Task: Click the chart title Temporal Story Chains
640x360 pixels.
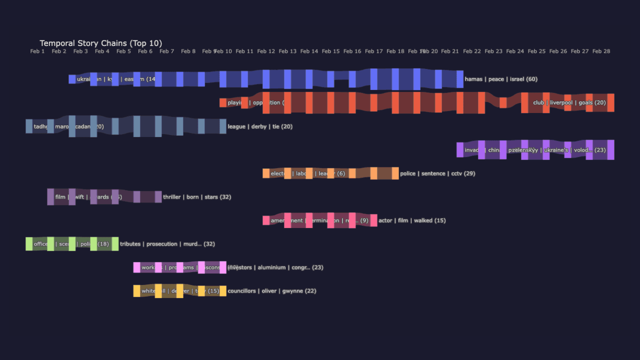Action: click(x=100, y=43)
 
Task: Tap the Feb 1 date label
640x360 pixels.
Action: click(x=37, y=51)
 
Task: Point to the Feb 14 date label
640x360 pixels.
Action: click(x=309, y=51)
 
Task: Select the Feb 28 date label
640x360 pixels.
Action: click(x=601, y=51)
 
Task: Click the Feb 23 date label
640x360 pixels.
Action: click(x=493, y=51)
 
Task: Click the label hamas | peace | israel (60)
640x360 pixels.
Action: click(x=501, y=79)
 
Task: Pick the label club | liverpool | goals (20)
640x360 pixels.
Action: click(x=569, y=103)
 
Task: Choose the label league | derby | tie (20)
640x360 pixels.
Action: click(x=260, y=126)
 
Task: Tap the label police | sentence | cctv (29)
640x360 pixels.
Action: click(x=437, y=173)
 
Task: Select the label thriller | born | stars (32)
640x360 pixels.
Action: click(x=197, y=197)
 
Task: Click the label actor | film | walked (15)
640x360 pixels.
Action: click(x=412, y=220)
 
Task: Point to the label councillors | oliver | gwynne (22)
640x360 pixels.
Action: click(x=272, y=291)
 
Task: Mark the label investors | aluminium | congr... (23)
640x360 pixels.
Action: click(x=275, y=267)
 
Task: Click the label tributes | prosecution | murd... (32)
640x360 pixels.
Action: click(x=167, y=244)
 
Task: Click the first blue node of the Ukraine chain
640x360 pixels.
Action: click(x=72, y=79)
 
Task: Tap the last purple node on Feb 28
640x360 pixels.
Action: click(x=610, y=149)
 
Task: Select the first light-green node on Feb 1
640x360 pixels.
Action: click(x=29, y=244)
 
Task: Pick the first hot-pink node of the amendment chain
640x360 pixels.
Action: click(x=266, y=220)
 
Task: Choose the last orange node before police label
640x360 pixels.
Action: click(x=395, y=173)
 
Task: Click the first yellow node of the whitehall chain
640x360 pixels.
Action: click(x=136, y=291)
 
